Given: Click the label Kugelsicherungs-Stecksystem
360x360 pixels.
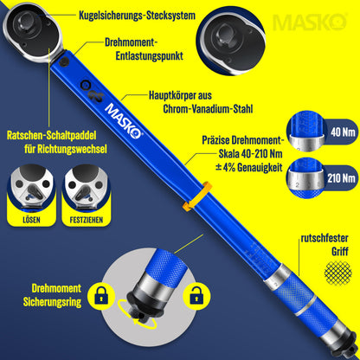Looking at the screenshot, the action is [137, 16].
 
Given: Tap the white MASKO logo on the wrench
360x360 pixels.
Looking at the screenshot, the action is [124, 121].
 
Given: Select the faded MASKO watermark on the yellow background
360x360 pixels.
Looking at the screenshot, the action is [310, 22].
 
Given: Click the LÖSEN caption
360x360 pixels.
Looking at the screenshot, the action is [31, 220].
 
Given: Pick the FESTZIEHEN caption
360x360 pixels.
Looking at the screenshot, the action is [87, 220].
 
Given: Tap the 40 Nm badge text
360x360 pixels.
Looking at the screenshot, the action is [343, 132].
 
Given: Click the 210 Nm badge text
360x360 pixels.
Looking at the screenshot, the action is [341, 178].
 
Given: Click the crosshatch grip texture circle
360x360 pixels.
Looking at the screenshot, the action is [337, 272].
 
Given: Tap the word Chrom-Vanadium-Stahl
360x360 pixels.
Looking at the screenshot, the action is [208, 109].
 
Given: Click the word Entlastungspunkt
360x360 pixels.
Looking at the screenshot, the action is [150, 56].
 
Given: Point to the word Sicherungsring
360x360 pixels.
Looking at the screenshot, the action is [52, 302].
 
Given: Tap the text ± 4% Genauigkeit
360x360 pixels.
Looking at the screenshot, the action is [249, 167].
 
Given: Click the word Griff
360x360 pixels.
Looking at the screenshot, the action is [340, 251].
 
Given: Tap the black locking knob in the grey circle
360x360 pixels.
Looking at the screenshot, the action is [140, 303].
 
